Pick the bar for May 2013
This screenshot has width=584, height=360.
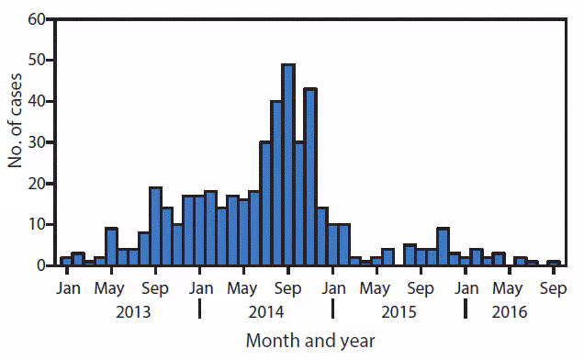coord(111,247)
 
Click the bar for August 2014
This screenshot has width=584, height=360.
coord(276,184)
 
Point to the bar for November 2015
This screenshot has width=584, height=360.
coord(443,247)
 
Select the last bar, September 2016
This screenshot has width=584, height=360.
coord(553,263)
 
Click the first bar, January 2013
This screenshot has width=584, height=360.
coord(66,261)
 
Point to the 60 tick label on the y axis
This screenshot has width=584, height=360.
coord(38,19)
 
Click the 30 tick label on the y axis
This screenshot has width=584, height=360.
coord(38,142)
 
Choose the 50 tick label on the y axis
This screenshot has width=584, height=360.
coord(38,61)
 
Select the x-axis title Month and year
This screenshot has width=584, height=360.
coord(310,341)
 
